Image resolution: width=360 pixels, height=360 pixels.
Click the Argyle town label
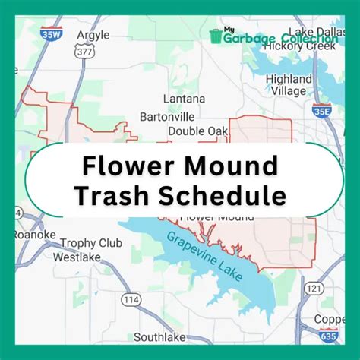93,35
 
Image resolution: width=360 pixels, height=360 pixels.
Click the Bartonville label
167,116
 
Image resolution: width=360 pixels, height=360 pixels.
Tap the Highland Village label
289,85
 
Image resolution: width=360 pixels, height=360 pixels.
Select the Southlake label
159,336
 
